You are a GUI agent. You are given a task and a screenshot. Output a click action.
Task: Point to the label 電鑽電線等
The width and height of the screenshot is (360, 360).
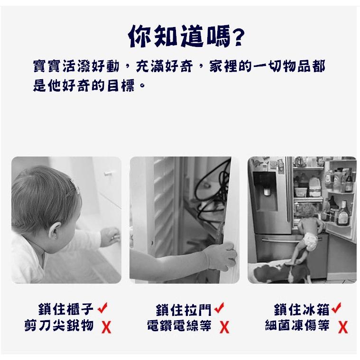[179, 326]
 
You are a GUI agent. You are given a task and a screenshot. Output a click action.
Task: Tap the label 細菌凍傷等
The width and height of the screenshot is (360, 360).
[296, 326]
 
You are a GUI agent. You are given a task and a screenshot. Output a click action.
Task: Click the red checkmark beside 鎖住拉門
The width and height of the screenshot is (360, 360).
[219, 309]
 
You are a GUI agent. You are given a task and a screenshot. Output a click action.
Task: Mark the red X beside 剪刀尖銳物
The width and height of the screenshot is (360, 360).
[107, 327]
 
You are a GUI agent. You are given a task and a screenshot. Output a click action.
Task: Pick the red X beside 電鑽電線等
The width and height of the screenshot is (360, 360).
[224, 327]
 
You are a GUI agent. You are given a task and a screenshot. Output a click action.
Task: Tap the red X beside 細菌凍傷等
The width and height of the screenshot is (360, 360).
[343, 327]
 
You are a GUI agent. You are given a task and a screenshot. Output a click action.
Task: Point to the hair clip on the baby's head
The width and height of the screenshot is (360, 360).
[74, 186]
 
